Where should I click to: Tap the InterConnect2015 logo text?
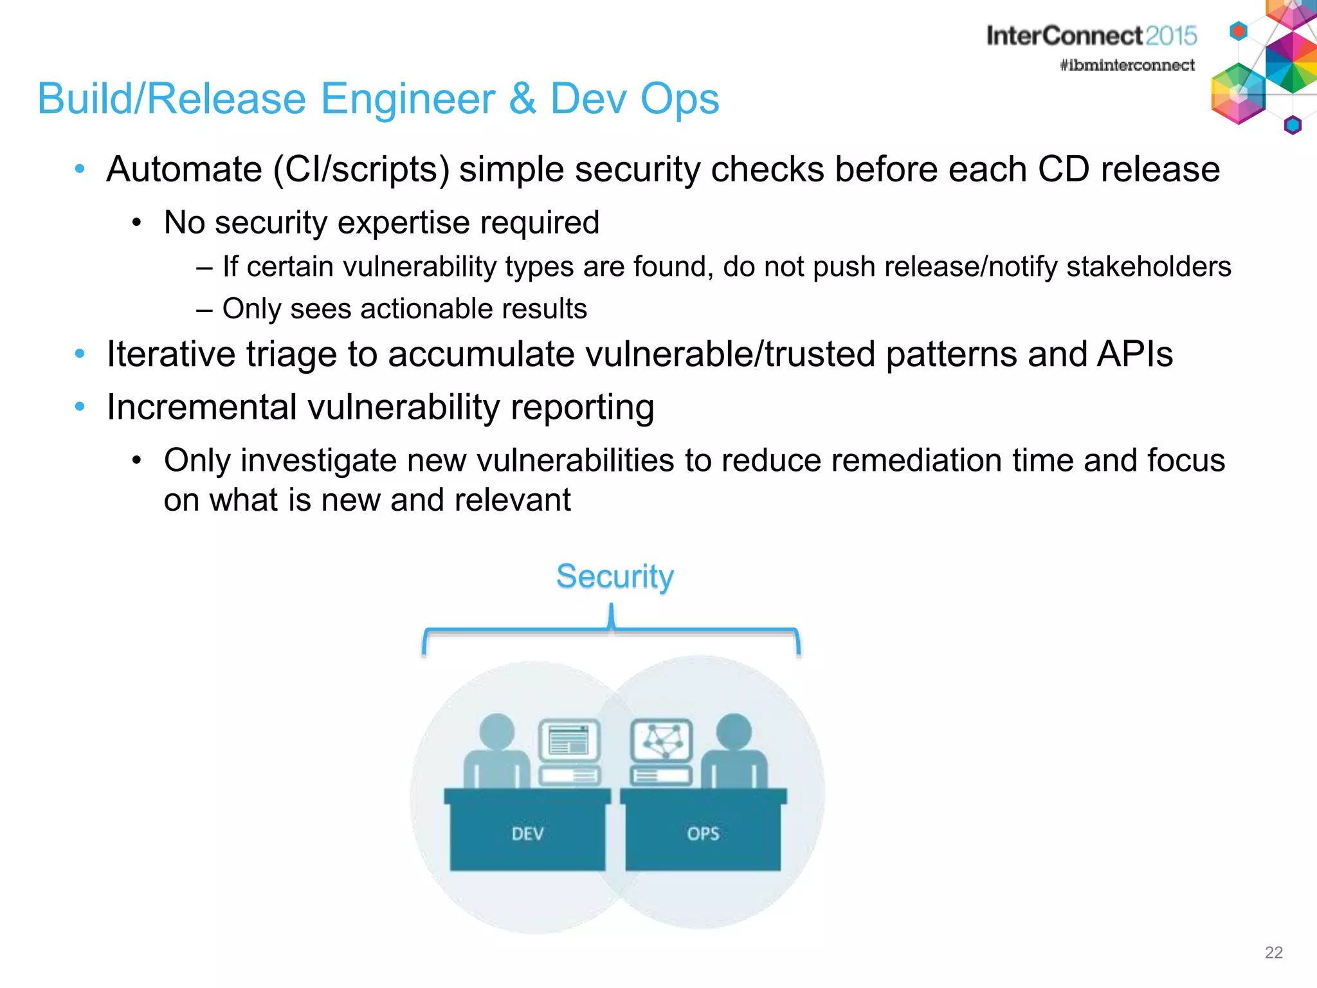(1091, 36)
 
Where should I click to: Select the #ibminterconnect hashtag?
(1127, 65)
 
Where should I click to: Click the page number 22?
(1273, 953)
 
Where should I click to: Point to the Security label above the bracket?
(614, 576)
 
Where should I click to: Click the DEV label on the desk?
(527, 834)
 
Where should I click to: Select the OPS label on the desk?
(703, 834)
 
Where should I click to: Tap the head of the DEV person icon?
(497, 731)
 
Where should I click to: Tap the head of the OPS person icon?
(734, 731)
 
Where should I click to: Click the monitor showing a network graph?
(662, 740)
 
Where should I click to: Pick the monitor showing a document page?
(569, 740)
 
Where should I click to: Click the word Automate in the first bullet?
(184, 170)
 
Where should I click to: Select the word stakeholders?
(1149, 267)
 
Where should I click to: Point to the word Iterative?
(171, 354)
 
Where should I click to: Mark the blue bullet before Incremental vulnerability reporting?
(80, 407)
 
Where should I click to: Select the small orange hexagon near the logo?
(1238, 30)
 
